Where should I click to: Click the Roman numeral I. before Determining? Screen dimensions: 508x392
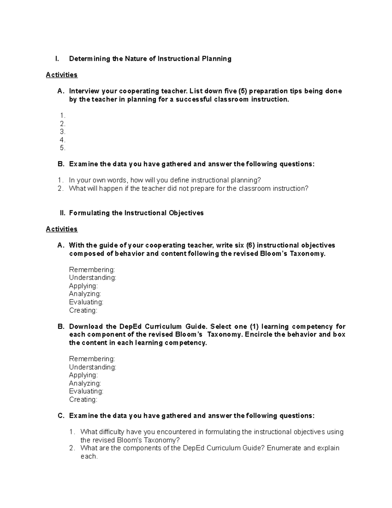click(57, 59)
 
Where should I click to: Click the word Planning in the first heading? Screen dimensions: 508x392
click(216, 59)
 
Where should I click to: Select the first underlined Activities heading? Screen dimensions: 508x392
click(62, 75)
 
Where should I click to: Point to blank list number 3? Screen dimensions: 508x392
click(63, 132)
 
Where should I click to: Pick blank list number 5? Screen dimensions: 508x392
click(63, 148)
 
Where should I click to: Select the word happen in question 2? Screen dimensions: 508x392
click(111, 188)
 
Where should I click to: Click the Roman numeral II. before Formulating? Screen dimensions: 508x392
click(63, 213)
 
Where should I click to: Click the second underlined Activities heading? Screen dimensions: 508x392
click(62, 229)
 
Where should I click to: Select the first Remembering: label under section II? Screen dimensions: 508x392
click(92, 270)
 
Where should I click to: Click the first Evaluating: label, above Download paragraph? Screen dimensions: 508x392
click(86, 302)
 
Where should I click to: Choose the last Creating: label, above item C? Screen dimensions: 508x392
click(83, 399)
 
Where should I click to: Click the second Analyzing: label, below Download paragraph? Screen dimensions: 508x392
click(85, 383)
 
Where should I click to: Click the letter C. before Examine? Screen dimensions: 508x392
click(61, 416)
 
